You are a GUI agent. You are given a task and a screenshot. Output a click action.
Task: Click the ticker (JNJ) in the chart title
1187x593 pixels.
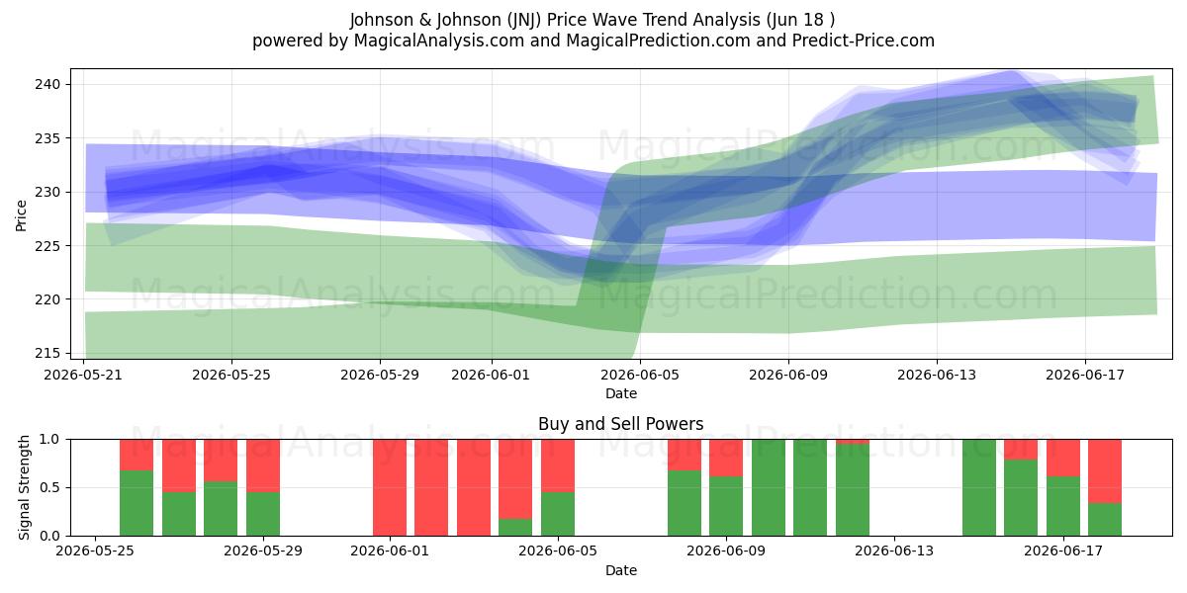click(x=524, y=20)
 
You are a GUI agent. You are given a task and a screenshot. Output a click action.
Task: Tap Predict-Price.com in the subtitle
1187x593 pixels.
click(x=864, y=41)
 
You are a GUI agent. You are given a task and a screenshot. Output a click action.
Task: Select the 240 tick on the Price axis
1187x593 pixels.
click(x=47, y=84)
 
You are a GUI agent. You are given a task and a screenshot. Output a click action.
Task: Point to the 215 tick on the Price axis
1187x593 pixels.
click(x=47, y=353)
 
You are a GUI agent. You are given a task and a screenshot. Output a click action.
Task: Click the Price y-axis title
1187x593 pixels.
click(x=21, y=216)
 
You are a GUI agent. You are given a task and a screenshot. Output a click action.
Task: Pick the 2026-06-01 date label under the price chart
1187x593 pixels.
click(x=491, y=375)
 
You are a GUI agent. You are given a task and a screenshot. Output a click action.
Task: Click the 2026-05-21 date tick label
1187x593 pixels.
click(x=83, y=375)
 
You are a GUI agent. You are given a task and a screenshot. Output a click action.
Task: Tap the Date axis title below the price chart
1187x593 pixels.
click(x=621, y=393)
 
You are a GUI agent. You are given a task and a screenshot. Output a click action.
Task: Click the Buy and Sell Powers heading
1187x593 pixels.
click(x=621, y=424)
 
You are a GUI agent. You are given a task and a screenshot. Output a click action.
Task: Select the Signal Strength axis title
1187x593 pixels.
click(x=24, y=487)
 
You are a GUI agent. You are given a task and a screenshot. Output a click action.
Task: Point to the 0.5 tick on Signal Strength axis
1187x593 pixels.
click(x=49, y=487)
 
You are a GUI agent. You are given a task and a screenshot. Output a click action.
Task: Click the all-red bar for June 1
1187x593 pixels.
click(x=390, y=487)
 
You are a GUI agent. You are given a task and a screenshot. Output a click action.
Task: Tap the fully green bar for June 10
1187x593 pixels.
click(x=769, y=487)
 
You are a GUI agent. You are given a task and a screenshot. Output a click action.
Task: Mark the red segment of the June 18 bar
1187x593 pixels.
click(x=1105, y=471)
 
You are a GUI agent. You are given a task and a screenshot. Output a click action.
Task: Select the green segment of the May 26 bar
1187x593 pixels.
click(x=137, y=503)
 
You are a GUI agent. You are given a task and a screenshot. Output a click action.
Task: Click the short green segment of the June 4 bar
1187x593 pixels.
click(x=515, y=528)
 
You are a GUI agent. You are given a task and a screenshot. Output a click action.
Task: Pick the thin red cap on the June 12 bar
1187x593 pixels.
click(x=853, y=442)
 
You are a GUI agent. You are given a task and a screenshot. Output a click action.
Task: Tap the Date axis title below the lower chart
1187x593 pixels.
click(x=621, y=570)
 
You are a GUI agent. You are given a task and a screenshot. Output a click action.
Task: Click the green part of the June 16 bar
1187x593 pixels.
click(x=1021, y=498)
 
